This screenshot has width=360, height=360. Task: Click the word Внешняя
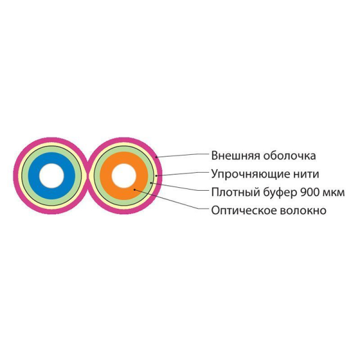click(236, 155)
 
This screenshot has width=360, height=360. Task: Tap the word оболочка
click(290, 155)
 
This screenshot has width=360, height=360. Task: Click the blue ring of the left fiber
click(34, 176)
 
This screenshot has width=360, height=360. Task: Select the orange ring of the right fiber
click(106, 176)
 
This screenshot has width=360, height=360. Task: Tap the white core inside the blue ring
click(52, 176)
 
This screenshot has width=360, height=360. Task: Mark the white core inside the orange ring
click(124, 176)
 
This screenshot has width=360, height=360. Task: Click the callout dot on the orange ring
click(135, 190)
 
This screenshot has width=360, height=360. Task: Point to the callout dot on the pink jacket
click(157, 157)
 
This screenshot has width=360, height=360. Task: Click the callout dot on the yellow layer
click(156, 176)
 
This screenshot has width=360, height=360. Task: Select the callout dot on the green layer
click(151, 183)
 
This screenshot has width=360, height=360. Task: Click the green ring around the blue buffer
click(25, 176)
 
